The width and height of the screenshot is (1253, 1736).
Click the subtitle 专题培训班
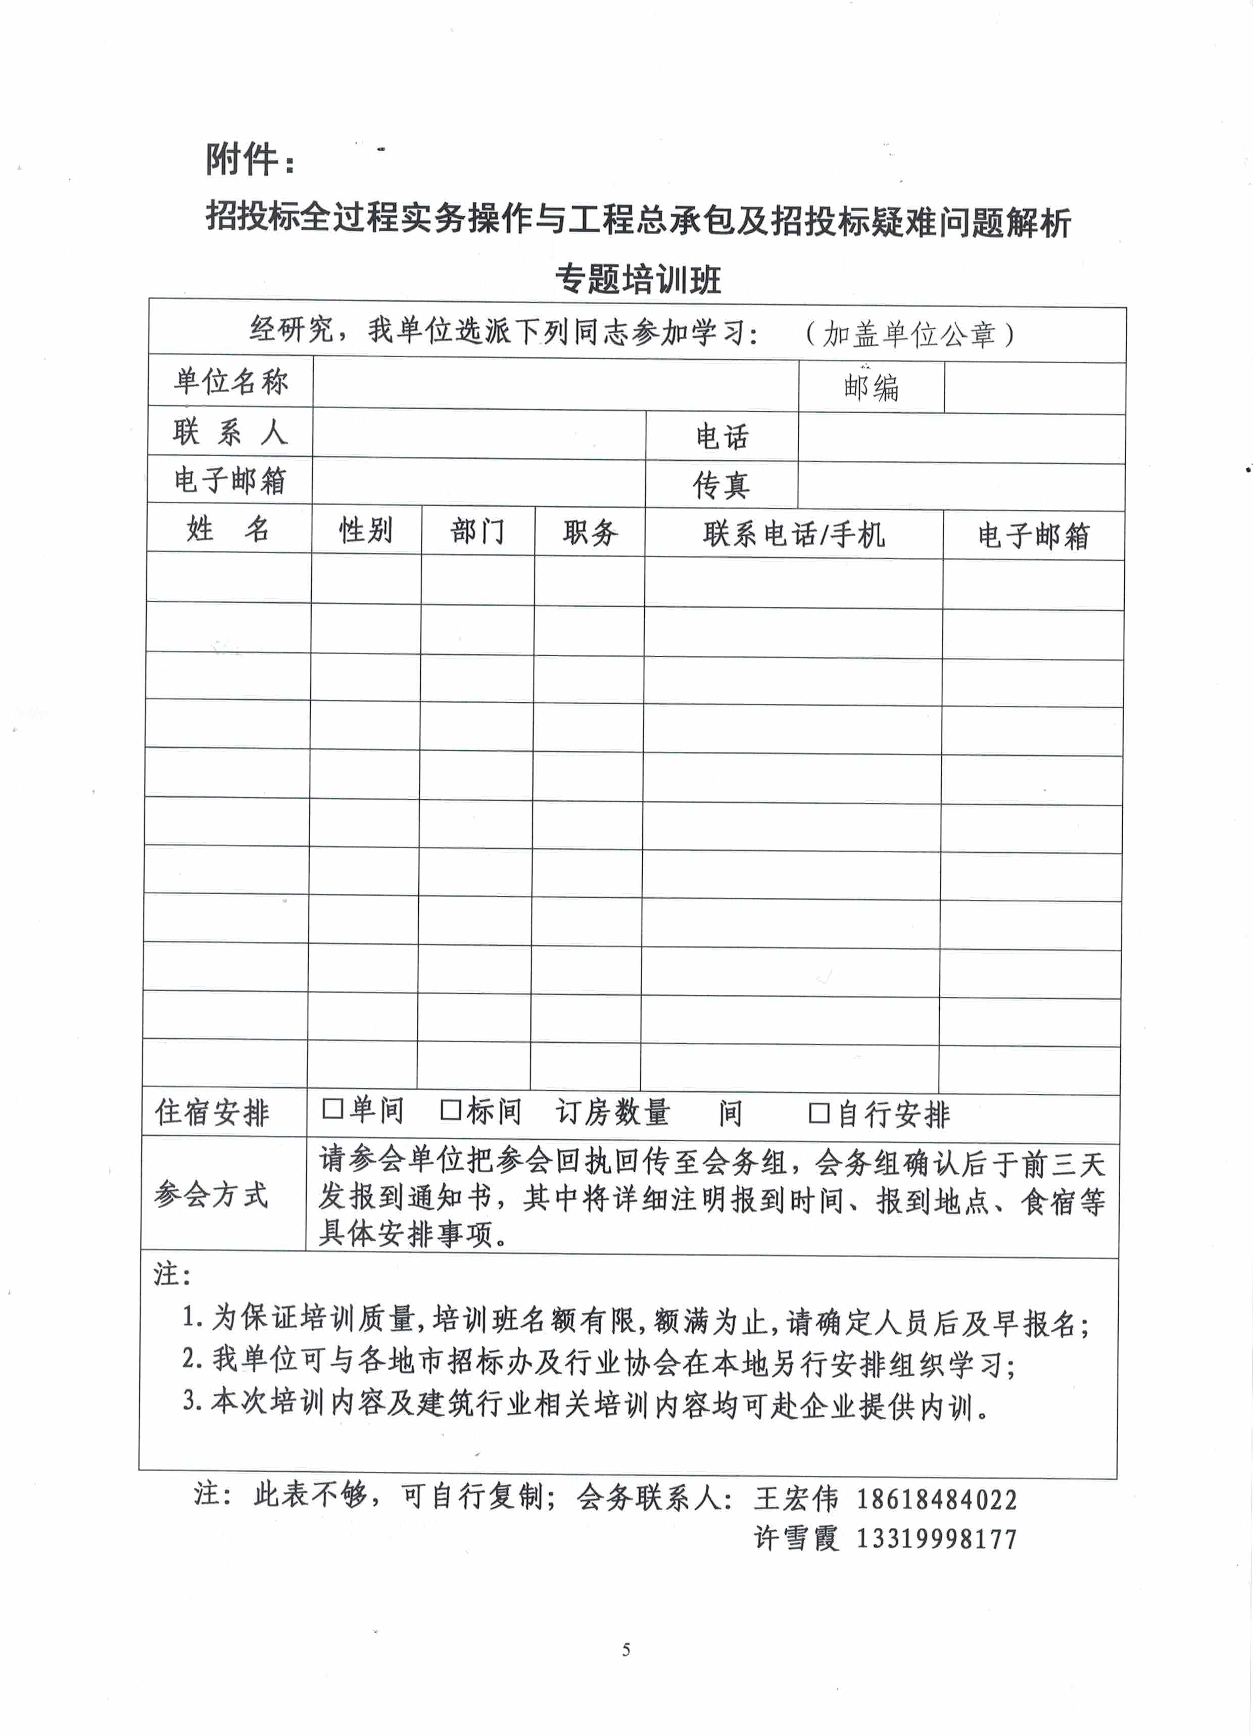click(x=638, y=279)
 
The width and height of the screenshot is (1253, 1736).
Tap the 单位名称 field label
click(x=230, y=381)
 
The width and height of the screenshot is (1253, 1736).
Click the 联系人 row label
click(x=229, y=432)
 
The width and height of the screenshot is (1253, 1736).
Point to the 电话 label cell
click(x=722, y=437)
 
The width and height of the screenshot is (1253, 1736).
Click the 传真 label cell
click(x=721, y=485)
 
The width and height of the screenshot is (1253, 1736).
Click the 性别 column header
click(x=366, y=529)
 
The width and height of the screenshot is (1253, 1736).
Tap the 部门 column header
click(x=477, y=531)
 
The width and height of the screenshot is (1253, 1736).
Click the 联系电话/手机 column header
click(x=794, y=534)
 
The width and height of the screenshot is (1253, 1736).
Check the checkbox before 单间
click(x=332, y=1108)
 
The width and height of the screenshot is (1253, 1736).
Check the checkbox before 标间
click(x=450, y=1110)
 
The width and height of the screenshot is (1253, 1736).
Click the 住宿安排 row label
click(x=213, y=1112)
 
